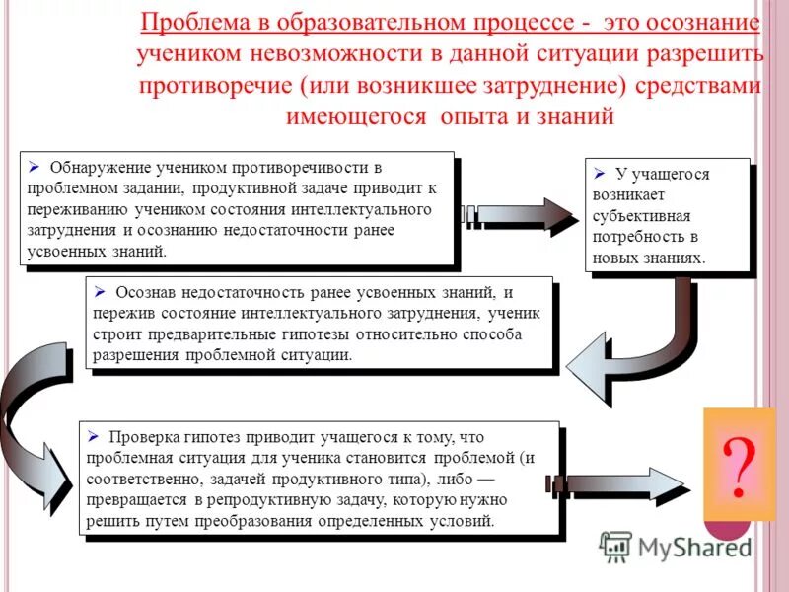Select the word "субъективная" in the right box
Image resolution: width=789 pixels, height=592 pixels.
coord(642,215)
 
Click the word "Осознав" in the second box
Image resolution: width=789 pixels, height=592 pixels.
coord(146,292)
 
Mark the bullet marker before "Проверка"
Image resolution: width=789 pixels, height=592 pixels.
coord(93,435)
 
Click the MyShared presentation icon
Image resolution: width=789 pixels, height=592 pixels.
coord(615,547)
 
